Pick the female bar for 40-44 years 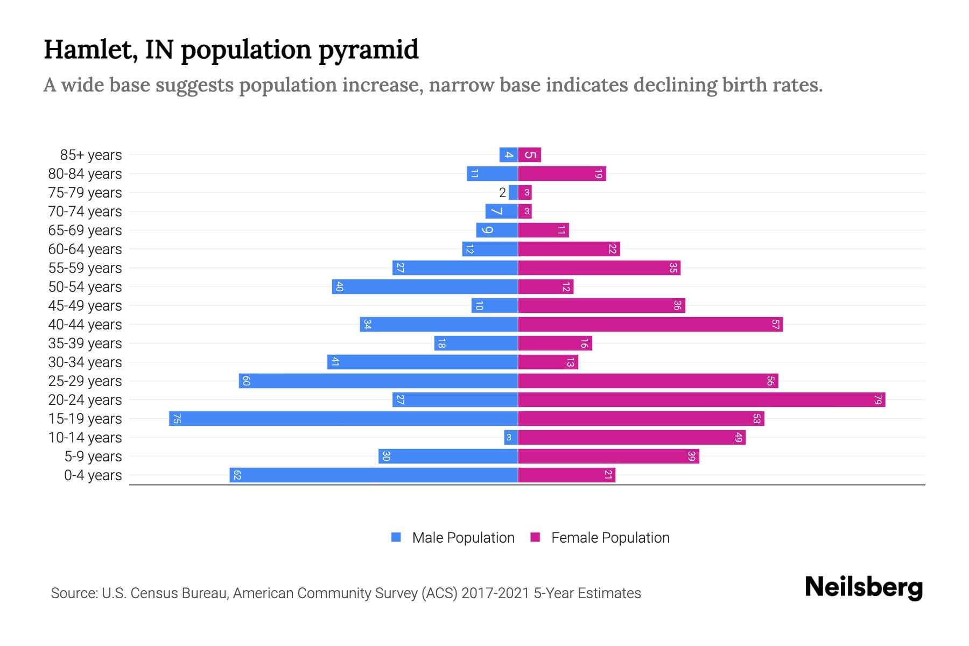[650, 324]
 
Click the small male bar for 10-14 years [510, 437]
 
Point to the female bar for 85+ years [529, 155]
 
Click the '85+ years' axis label [90, 155]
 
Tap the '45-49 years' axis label [85, 306]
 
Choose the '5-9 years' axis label [93, 457]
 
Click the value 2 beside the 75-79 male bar [502, 193]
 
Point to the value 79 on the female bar [878, 399]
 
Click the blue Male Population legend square [396, 537]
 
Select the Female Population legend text [610, 537]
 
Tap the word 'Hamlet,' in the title [91, 50]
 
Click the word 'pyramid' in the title [368, 50]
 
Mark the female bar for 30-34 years [547, 362]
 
